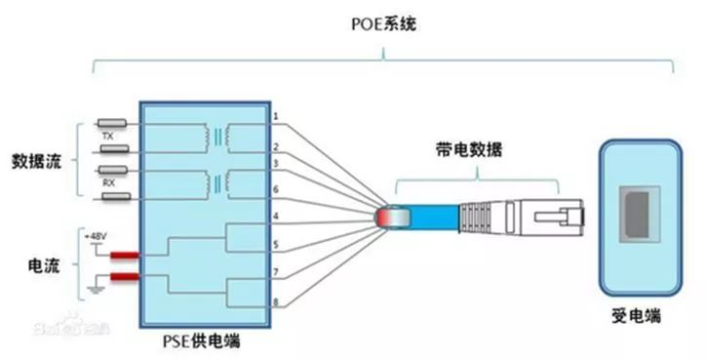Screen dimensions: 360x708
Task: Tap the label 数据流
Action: pyautogui.click(x=36, y=159)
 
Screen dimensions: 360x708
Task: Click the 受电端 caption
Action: pyautogui.click(x=638, y=318)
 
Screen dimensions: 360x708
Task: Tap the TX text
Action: pyautogui.click(x=108, y=138)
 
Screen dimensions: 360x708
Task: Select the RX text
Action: pyautogui.click(x=108, y=181)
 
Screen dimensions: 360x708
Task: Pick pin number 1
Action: pyautogui.click(x=276, y=117)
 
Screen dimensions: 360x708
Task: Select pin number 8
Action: pyautogui.click(x=276, y=302)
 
